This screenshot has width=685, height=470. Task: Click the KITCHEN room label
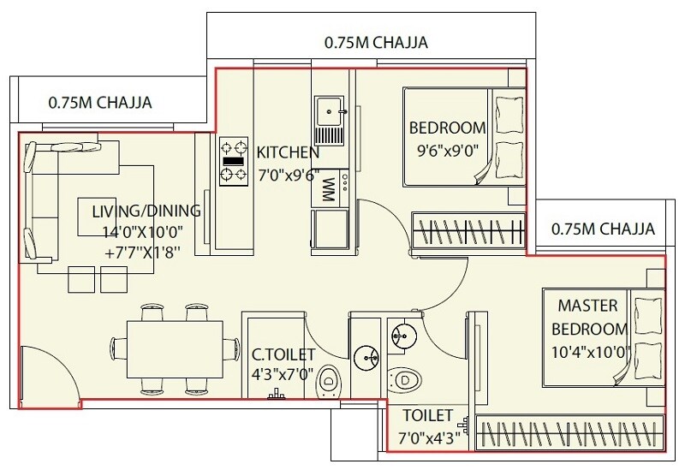(x=289, y=153)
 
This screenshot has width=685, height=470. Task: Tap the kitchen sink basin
(x=329, y=110)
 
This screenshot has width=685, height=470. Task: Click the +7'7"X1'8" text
(x=144, y=253)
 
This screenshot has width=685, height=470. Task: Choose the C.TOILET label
(x=283, y=354)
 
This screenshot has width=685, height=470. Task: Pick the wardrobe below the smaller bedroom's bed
(x=468, y=230)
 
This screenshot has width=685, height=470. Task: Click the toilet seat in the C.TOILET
(x=327, y=378)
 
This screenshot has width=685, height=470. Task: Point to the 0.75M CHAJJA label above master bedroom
(x=604, y=229)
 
